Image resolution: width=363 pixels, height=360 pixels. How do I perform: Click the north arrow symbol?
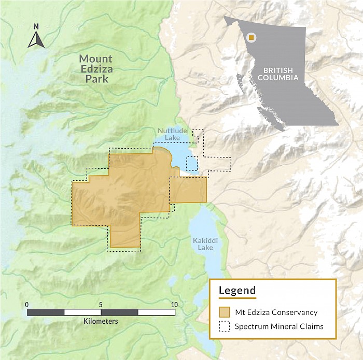36,39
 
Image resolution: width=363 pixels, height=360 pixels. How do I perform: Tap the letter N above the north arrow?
36,26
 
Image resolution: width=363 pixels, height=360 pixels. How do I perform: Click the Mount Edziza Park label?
96,68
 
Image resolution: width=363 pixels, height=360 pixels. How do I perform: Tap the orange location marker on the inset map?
252,37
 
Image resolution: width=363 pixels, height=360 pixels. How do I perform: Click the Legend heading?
237,290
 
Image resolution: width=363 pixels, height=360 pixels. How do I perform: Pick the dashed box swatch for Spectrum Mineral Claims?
224,326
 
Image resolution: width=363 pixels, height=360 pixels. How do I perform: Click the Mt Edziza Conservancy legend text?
276,312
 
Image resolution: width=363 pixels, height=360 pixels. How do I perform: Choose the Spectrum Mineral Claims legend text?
279,326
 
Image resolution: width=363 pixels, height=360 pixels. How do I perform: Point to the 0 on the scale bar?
27,304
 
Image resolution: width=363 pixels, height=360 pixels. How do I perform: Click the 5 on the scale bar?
101,304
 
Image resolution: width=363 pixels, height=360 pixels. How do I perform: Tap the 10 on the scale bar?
174,304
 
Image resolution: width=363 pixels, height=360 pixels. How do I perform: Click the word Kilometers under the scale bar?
101,321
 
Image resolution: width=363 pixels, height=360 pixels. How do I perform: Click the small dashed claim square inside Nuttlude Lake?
192,163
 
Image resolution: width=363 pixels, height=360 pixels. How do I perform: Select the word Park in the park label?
97,79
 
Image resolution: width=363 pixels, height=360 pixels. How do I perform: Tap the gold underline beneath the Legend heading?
237,298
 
